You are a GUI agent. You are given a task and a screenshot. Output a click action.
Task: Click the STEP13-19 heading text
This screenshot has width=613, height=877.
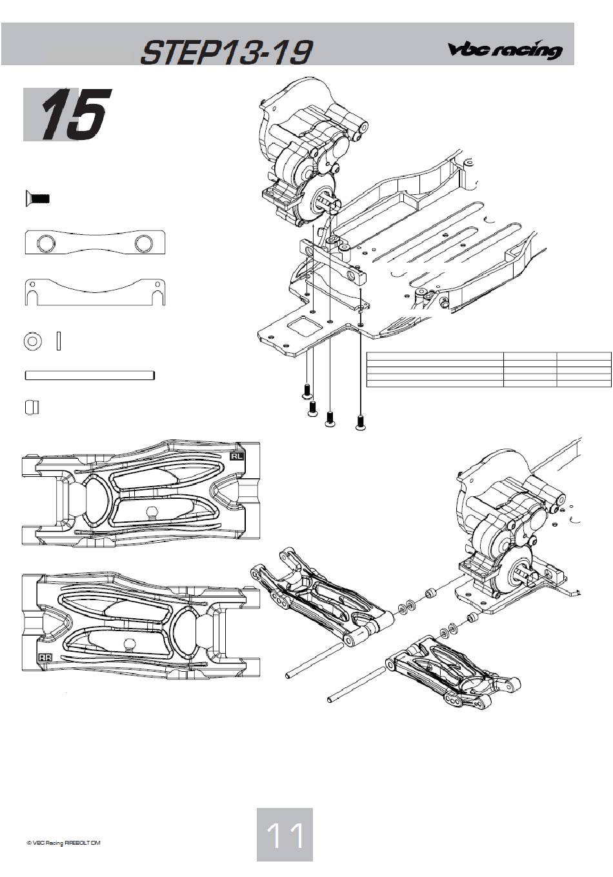coord(226,52)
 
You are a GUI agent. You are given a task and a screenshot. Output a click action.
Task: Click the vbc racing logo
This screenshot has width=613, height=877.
coord(505,50)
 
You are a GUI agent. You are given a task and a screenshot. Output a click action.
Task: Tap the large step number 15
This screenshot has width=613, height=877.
coord(74,114)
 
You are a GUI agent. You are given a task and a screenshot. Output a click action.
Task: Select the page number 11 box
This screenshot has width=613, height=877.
coord(285,834)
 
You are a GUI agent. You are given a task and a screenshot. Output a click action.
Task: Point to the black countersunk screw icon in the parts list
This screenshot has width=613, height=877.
coord(37,199)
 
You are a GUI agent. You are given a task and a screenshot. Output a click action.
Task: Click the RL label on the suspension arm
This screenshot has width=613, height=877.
coord(237,456)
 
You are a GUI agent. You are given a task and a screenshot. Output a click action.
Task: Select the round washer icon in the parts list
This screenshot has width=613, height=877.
coord(33,341)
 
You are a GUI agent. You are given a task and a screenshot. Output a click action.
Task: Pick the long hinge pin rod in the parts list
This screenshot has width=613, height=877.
coord(90,376)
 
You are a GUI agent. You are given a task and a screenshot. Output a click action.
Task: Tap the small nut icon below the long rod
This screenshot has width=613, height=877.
coord(32,408)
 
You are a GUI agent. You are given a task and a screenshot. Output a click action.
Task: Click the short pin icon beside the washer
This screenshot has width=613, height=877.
coord(59,341)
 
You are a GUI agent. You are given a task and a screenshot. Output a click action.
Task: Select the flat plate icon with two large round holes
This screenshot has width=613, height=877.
coord(95,243)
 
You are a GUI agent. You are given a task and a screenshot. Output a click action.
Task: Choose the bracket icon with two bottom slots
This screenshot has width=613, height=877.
coord(95,292)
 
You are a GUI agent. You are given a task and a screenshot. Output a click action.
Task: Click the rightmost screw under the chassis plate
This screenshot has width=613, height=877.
coord(361,423)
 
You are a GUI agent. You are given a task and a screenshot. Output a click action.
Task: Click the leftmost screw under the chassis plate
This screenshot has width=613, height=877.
coord(307,390)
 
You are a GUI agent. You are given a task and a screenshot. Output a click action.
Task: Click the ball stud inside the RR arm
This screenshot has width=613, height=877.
coord(126,643)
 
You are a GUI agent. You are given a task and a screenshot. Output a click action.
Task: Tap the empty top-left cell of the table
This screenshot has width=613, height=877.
coord(435,356)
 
